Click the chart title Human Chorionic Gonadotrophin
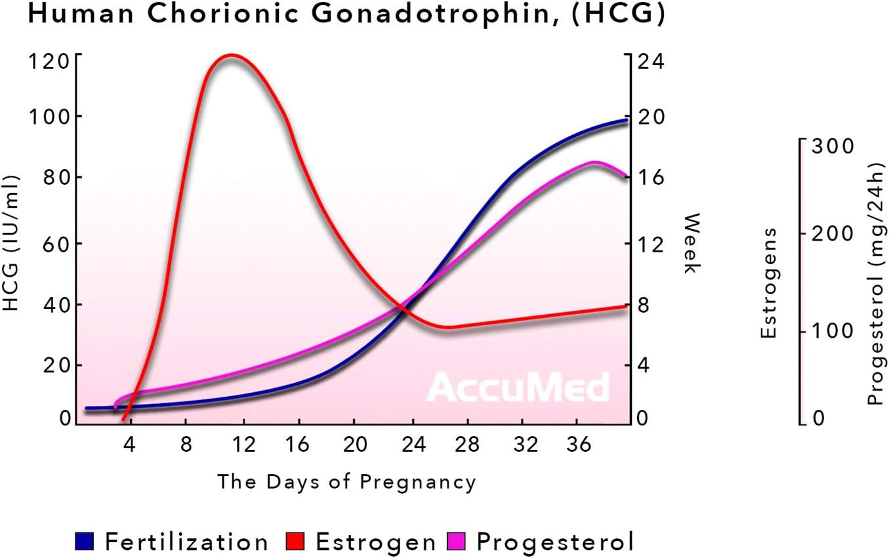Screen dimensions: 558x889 click(x=346, y=15)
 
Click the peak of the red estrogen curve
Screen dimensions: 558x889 click(x=230, y=56)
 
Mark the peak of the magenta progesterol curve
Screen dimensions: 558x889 click(x=594, y=163)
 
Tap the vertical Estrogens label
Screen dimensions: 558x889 click(x=769, y=283)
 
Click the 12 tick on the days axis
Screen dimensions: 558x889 click(x=243, y=445)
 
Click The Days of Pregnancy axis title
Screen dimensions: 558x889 click(x=346, y=482)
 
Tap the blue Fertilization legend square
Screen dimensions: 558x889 click(x=85, y=542)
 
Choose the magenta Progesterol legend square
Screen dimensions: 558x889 click(x=457, y=542)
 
